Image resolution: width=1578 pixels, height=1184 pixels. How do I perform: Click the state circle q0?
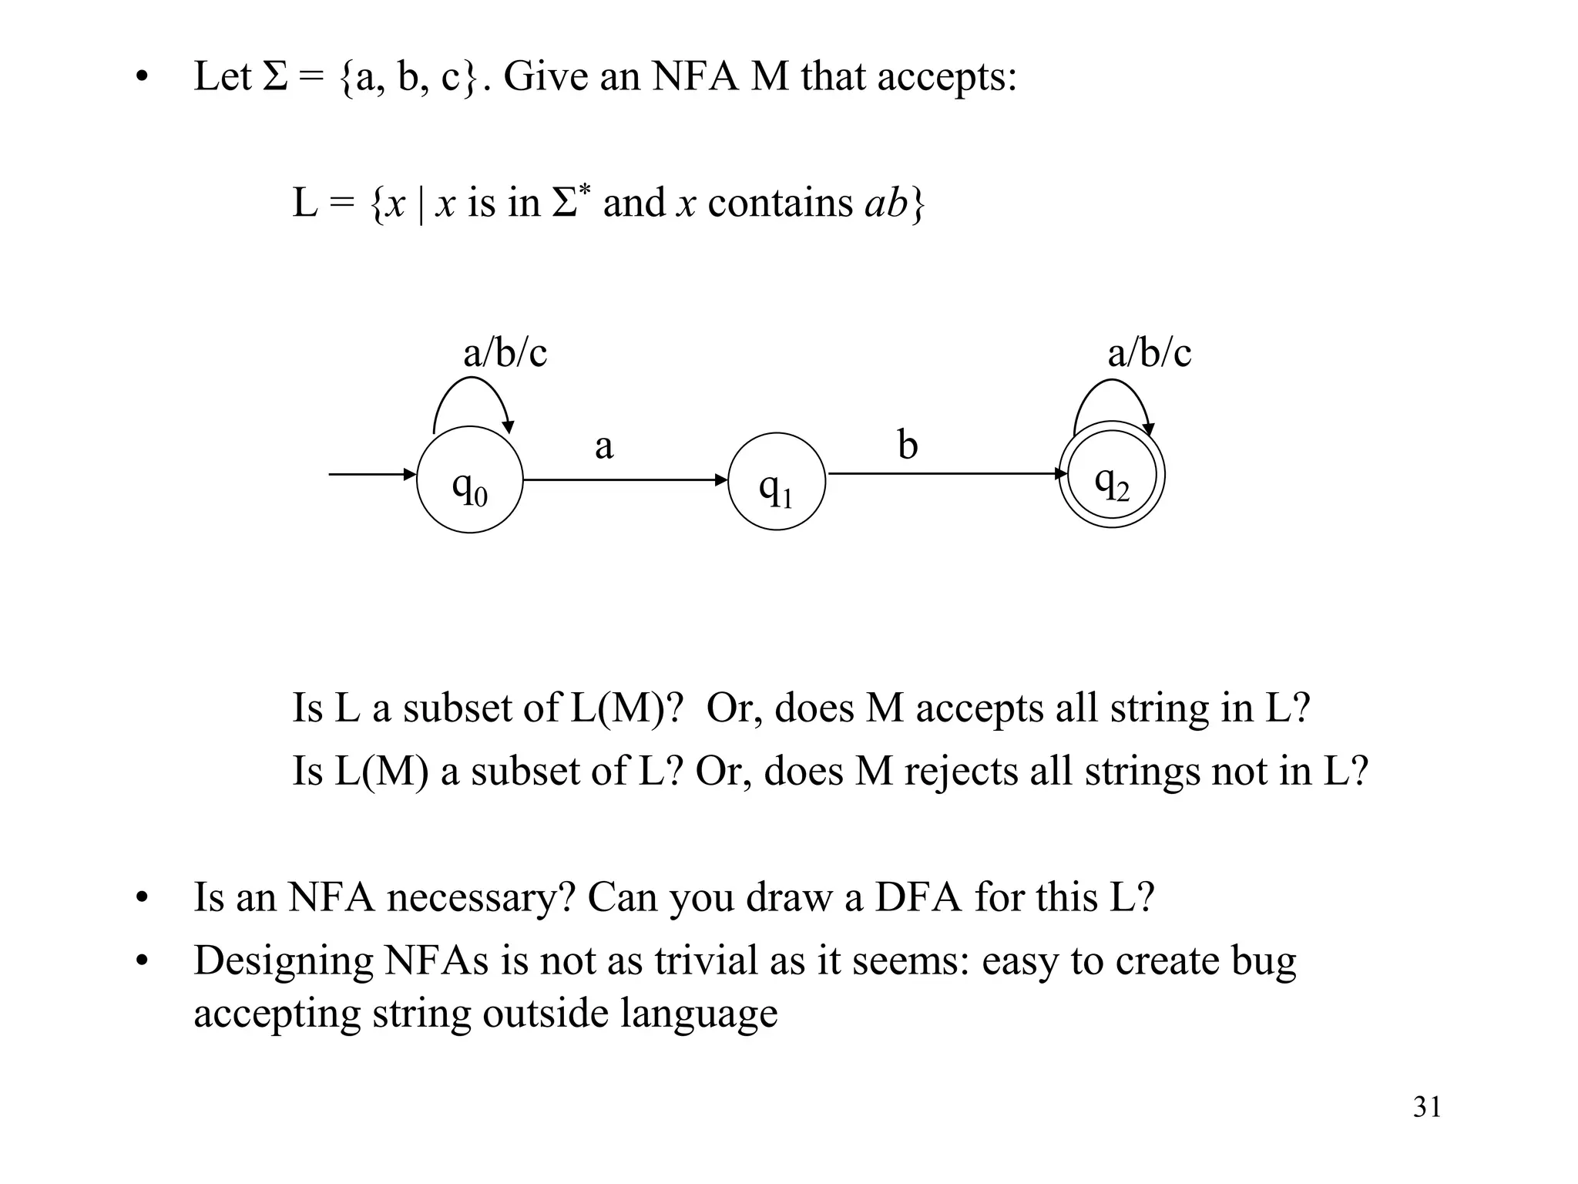469,479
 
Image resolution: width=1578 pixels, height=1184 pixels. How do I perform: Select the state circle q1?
776,481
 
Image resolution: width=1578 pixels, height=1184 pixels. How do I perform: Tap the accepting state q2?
1111,475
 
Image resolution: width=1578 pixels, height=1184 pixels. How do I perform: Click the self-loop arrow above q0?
470,382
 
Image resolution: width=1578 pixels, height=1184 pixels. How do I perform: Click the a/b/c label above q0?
505,353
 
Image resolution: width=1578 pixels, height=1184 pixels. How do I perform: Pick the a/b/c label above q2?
1149,353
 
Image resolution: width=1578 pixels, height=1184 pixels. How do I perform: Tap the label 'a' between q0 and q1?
604,446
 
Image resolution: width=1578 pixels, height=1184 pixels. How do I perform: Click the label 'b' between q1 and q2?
908,445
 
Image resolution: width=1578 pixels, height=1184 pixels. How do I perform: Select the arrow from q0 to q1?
624,480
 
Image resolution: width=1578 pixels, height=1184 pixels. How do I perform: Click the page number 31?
1427,1107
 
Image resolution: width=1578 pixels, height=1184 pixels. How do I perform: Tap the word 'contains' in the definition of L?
780,203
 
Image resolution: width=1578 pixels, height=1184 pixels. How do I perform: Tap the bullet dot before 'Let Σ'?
140,78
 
